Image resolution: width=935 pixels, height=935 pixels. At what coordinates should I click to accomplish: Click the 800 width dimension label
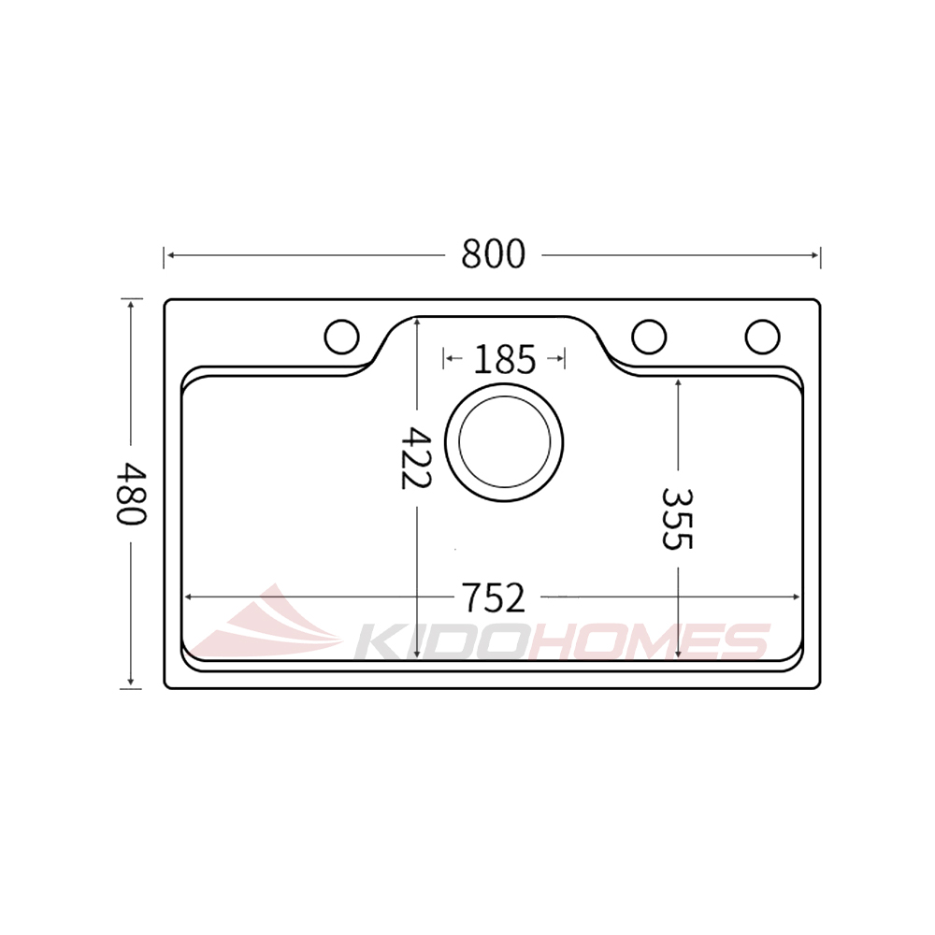494,253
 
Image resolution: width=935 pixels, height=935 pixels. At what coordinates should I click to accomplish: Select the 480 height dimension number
131,494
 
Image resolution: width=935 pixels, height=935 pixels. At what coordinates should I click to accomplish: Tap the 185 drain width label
505,359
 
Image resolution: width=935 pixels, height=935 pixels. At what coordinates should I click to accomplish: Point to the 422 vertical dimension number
414,457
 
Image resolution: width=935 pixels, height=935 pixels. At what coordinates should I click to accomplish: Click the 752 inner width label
493,596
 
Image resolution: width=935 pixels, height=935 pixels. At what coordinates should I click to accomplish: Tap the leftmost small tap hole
341,336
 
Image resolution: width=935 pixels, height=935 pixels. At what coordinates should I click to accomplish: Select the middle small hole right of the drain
649,336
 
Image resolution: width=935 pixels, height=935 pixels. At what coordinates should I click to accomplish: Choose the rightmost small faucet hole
762,336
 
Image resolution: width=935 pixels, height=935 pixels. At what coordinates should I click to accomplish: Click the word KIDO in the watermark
439,643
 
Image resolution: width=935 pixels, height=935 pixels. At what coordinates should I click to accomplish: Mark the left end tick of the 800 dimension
165,254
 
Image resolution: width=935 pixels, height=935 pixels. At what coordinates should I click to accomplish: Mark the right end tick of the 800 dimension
820,254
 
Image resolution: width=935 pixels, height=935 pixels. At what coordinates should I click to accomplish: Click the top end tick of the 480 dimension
131,299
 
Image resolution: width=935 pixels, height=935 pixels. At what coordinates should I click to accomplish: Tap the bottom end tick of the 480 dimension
131,688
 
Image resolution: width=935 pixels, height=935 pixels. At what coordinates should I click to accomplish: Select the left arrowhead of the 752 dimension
188,596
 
